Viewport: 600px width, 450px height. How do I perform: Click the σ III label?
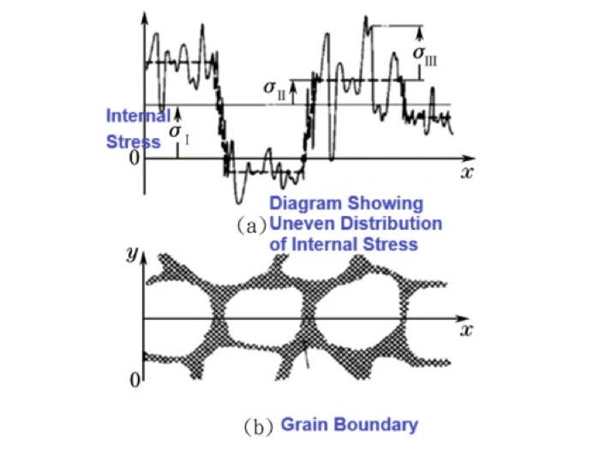[x=424, y=56]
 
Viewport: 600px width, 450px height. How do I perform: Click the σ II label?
[x=275, y=90]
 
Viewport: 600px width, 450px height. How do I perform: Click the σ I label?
[x=179, y=135]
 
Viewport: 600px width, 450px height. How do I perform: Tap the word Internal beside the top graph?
[x=138, y=116]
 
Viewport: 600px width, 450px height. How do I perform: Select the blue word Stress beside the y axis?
[x=133, y=142]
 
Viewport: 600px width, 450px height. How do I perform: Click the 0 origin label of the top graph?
[x=135, y=158]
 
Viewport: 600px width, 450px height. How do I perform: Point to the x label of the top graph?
[x=467, y=173]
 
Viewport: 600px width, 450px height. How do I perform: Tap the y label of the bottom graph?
[x=132, y=254]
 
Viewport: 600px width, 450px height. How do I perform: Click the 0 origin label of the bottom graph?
[x=135, y=381]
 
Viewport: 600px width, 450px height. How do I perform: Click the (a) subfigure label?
[x=251, y=225]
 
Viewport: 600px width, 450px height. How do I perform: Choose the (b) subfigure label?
[x=258, y=427]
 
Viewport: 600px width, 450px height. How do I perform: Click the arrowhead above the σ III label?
[x=420, y=34]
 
